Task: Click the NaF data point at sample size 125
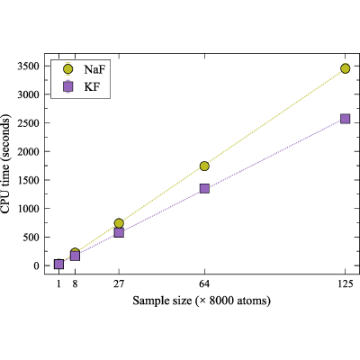pos(346,68)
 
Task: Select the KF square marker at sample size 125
pos(346,119)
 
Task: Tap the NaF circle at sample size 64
pos(204,166)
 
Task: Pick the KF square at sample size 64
pos(204,189)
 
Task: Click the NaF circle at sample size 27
pos(119,223)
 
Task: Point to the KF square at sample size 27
pos(119,232)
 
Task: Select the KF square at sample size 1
pos(58,265)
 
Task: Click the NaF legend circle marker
pos(68,69)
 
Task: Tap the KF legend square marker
pos(68,87)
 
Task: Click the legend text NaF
pos(94,69)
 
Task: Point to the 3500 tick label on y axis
pos(29,66)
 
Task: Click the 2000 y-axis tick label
pos(29,151)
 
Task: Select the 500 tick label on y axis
pos(31,237)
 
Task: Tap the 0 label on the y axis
pos(37,265)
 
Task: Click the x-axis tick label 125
pos(346,283)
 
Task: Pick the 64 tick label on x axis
pos(204,283)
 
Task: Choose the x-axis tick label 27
pos(119,283)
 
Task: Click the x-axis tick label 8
pos(75,283)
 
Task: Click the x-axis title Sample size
pos(162,301)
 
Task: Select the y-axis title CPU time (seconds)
pos(5,164)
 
